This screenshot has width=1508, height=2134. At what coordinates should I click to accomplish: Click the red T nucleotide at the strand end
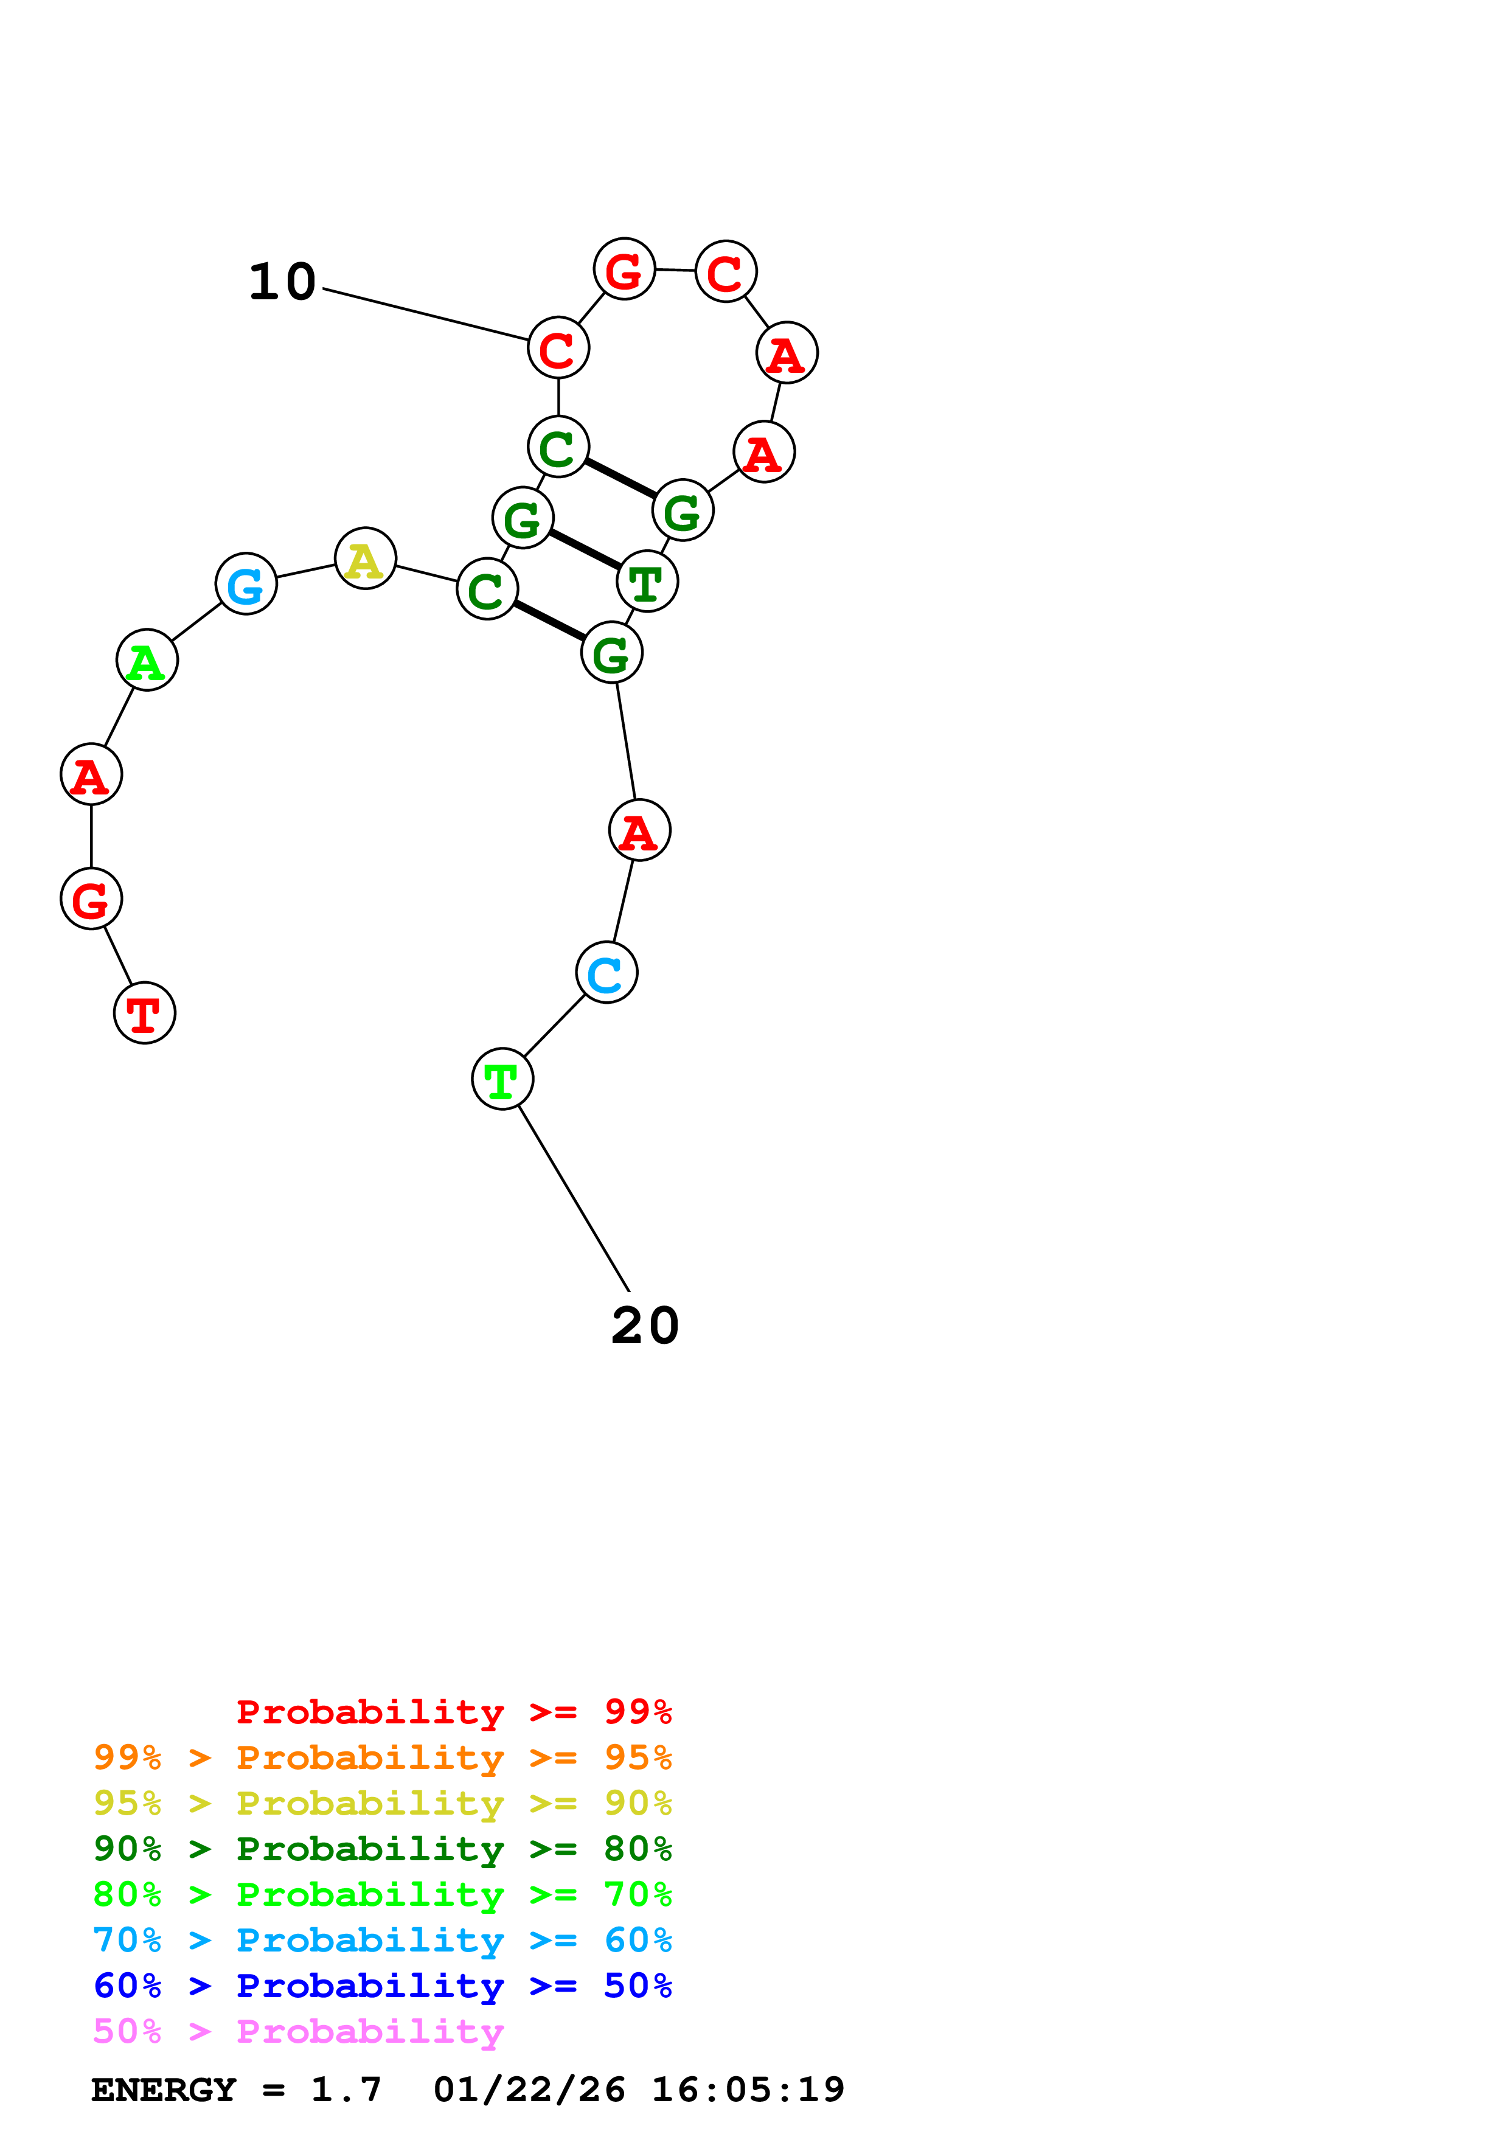(x=144, y=1012)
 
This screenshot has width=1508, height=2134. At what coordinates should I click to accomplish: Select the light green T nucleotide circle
(x=502, y=1079)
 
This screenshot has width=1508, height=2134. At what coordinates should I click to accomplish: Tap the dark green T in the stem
(x=647, y=582)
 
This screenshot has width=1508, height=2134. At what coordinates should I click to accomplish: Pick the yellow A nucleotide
(x=365, y=558)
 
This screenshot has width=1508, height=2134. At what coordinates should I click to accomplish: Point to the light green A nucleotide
(x=147, y=660)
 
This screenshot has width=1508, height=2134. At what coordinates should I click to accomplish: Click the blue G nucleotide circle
(x=245, y=584)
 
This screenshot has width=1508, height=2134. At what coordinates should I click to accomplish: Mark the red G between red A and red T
(x=91, y=898)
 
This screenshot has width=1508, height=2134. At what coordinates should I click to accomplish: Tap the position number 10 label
(x=282, y=282)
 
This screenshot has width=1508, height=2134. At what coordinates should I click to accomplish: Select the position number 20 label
(x=645, y=1326)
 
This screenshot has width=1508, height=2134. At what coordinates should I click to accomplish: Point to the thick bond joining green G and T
(x=585, y=549)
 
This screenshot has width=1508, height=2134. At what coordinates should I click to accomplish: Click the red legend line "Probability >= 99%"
(x=453, y=1712)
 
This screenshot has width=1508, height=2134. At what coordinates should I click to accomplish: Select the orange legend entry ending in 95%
(x=382, y=1757)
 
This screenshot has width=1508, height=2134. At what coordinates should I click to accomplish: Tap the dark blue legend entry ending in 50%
(x=382, y=1986)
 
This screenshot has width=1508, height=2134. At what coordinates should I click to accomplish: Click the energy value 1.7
(x=346, y=2090)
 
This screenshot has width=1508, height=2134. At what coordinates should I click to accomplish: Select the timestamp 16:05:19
(x=748, y=2090)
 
